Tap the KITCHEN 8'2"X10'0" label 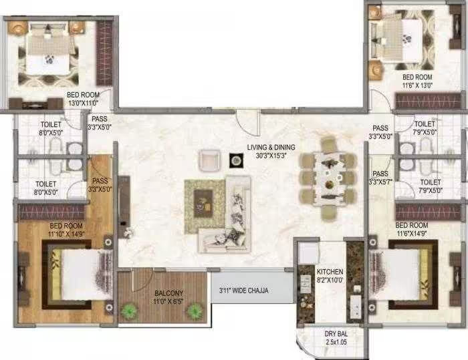[x=330, y=276]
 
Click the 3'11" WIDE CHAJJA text [x=250, y=291]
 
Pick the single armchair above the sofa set [x=209, y=160]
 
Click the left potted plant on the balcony [x=129, y=310]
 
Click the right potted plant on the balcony [x=195, y=310]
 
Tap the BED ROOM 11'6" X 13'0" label [x=417, y=81]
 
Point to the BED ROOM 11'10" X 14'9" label [x=65, y=230]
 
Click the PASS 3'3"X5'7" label [x=381, y=178]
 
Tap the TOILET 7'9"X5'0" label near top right [x=425, y=128]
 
